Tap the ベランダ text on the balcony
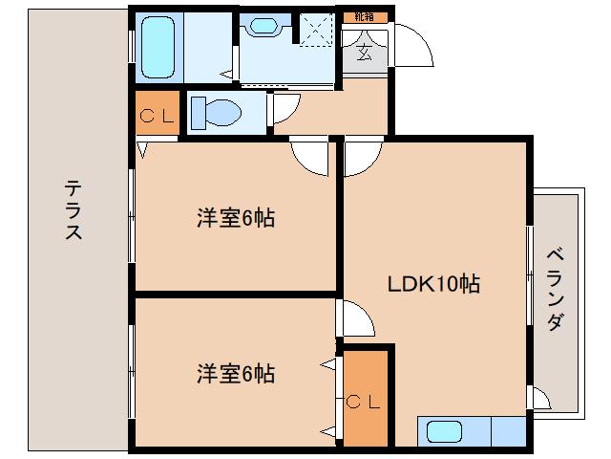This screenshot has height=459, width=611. click(555, 289)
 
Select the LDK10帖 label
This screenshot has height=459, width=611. click(432, 283)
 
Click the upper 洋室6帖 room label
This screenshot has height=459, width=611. click(236, 218)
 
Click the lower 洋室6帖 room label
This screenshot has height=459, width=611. click(236, 373)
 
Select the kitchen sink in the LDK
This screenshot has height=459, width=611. click(445, 432)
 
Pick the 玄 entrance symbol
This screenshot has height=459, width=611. click(366, 53)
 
